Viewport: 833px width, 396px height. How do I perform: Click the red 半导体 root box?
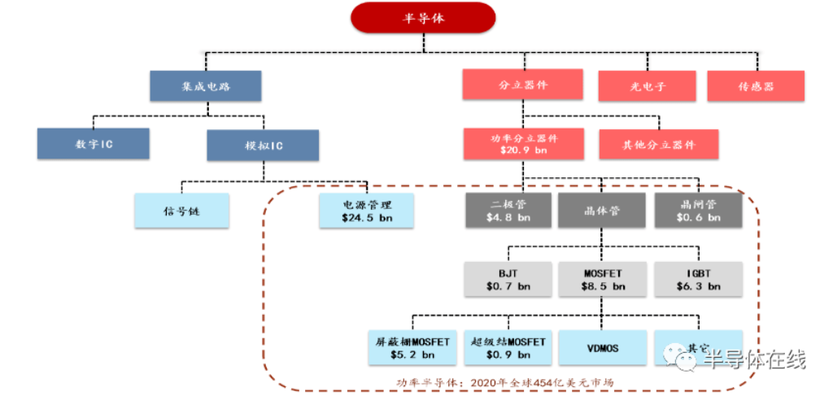click(x=423, y=17)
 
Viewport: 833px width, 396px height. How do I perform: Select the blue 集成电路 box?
click(x=205, y=86)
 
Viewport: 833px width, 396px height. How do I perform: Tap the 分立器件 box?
click(x=522, y=85)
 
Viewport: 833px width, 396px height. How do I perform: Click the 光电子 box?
click(x=648, y=86)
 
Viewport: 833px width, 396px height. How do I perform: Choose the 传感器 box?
click(x=756, y=86)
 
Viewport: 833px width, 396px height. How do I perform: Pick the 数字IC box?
click(x=93, y=143)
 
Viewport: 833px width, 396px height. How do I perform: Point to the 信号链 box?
click(x=181, y=211)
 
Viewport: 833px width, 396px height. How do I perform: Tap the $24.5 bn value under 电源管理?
click(x=367, y=219)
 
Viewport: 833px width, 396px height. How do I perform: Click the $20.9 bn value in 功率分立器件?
click(x=524, y=151)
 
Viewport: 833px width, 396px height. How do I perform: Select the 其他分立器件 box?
click(x=659, y=145)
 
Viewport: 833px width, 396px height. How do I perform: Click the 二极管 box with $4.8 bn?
click(x=509, y=210)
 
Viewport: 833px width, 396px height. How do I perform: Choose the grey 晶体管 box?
click(x=602, y=210)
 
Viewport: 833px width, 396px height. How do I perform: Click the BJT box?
click(x=509, y=279)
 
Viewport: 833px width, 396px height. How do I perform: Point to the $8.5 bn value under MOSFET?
click(x=602, y=287)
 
